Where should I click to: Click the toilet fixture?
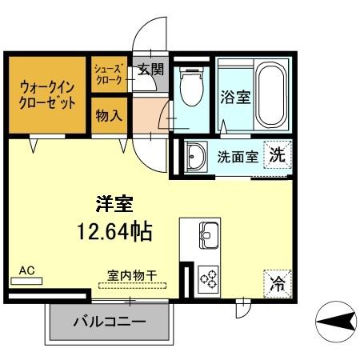[x=190, y=88]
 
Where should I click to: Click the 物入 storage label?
[x=108, y=116]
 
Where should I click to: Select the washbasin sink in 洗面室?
[x=195, y=157]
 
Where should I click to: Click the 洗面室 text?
[x=238, y=156]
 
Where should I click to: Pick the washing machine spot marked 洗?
[x=277, y=154]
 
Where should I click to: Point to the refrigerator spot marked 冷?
[x=277, y=282]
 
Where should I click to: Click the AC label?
[x=27, y=271]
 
